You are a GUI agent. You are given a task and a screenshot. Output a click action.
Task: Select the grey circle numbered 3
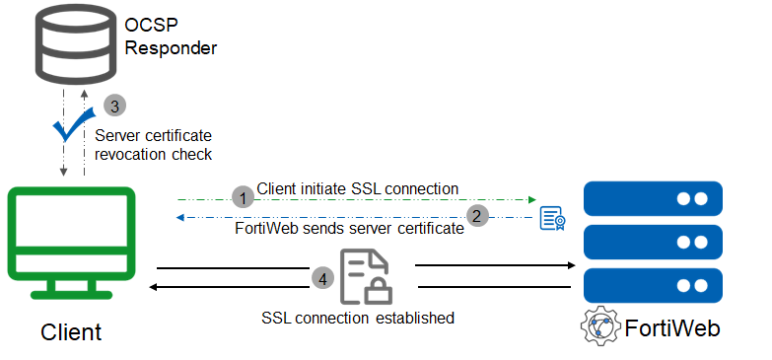[116, 105]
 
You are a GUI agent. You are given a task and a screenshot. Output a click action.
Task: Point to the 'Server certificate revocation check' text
[154, 145]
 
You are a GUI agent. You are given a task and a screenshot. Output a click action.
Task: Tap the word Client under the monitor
[71, 332]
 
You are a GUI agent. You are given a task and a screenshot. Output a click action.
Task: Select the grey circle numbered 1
[243, 197]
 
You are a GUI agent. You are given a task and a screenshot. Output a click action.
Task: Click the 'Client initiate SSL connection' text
[357, 187]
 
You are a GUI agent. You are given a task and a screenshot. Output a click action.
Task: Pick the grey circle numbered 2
[477, 215]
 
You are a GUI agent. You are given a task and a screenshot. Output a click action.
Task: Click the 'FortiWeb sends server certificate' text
[349, 229]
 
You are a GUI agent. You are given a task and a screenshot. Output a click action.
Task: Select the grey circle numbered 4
[322, 279]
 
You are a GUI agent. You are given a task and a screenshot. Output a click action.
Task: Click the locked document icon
[364, 276]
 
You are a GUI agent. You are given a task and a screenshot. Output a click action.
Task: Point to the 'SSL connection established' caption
[358, 318]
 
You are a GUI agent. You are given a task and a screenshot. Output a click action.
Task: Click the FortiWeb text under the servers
[672, 327]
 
